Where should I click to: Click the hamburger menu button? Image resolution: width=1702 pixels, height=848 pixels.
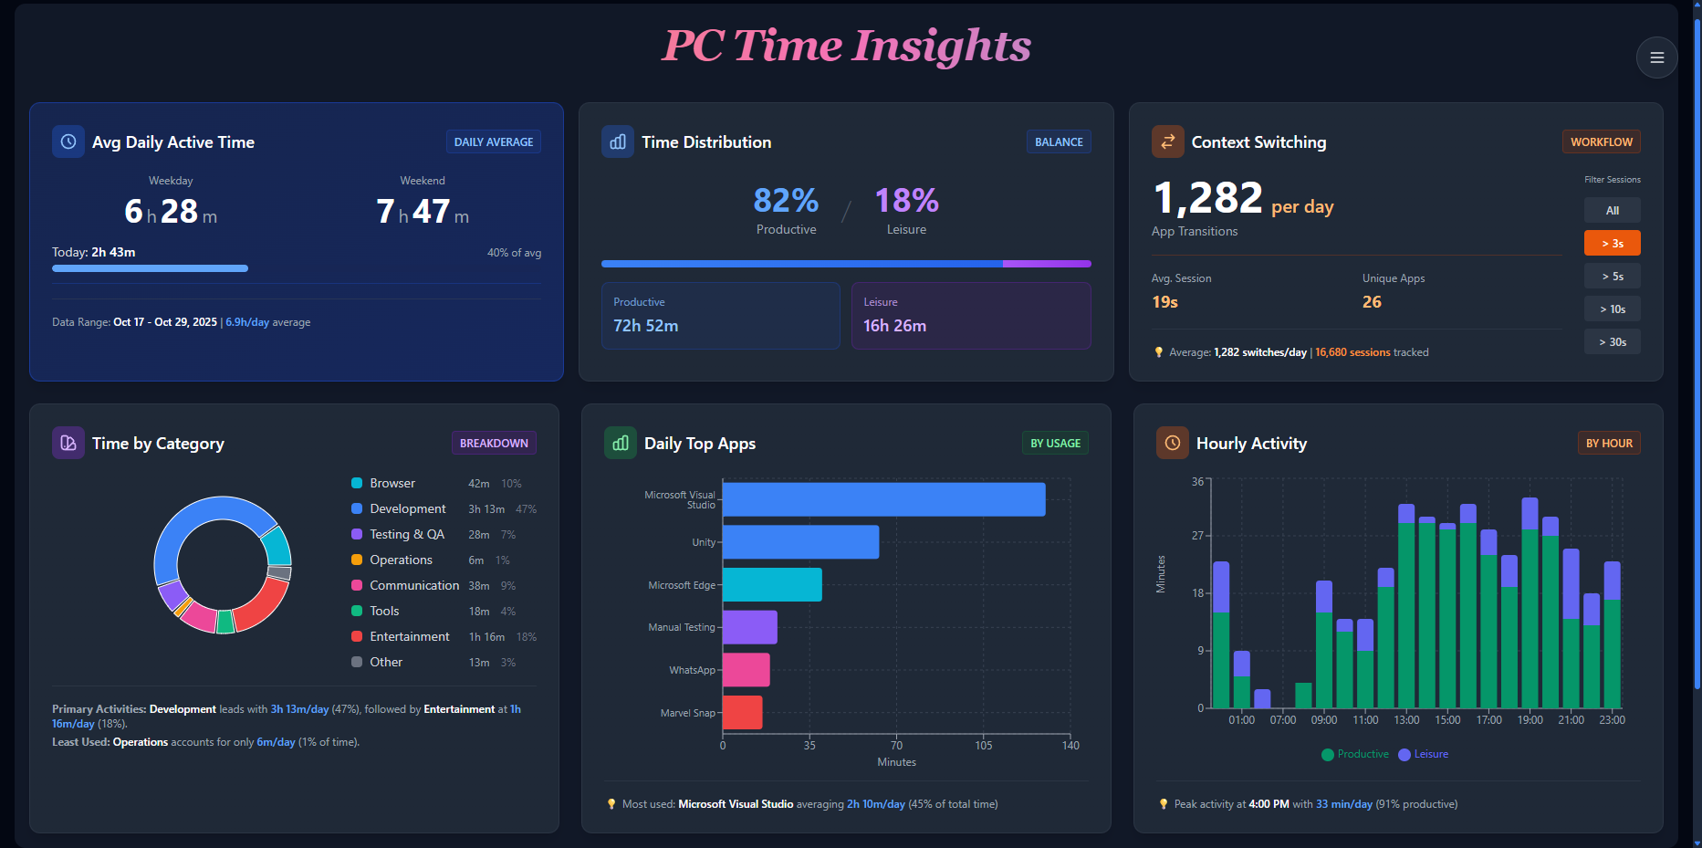point(1656,58)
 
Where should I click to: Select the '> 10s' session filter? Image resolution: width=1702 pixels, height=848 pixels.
point(1612,309)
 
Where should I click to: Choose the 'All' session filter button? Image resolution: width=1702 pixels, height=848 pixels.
point(1612,210)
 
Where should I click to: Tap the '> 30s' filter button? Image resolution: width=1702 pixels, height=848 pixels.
point(1612,341)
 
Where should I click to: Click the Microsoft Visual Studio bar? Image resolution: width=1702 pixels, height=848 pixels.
point(883,499)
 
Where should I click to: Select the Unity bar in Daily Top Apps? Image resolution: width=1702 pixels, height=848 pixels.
point(800,541)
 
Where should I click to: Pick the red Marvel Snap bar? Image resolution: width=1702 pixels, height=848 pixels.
point(742,712)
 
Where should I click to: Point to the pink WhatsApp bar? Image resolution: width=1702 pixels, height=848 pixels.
point(746,669)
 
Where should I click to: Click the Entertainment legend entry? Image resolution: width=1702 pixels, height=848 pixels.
point(409,636)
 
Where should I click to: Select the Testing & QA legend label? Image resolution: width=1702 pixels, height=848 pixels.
point(406,534)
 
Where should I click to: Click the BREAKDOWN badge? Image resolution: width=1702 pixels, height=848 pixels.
point(494,443)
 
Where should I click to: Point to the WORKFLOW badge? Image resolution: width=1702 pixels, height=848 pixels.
point(1601,141)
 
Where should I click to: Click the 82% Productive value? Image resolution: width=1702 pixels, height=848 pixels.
point(786,201)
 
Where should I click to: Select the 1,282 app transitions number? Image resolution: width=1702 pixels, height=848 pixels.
point(1207,198)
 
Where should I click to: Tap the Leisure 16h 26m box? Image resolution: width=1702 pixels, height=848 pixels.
point(970,315)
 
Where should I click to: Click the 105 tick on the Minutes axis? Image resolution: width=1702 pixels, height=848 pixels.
point(983,746)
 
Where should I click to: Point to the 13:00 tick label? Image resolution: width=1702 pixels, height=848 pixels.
point(1406,720)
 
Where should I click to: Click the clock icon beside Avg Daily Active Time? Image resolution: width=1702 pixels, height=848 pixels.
point(68,141)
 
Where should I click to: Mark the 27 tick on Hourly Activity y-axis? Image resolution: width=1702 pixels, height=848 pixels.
point(1197,536)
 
